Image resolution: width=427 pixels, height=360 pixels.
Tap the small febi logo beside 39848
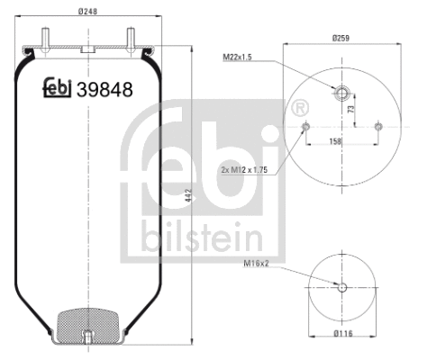pos(60,87)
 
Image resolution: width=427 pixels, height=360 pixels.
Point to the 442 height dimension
pos(188,193)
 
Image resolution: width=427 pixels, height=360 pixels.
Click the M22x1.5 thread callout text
pos(239,58)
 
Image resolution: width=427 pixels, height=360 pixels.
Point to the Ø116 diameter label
pos(343,336)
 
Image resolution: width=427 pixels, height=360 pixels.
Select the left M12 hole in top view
pos(307,125)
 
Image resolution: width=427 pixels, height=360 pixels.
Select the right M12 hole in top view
pos(377,125)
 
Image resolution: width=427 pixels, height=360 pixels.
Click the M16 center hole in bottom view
pos(342,287)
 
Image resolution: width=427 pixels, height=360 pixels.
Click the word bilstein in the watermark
pos(201,238)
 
